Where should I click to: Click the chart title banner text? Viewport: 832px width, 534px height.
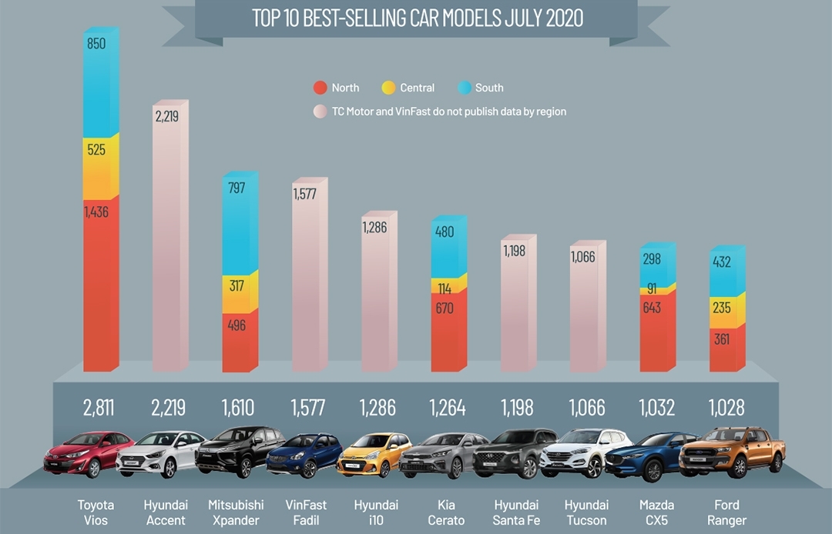coord(416,18)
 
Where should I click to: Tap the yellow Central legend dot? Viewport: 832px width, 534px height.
coord(389,88)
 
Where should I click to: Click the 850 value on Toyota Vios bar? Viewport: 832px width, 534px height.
coord(96,44)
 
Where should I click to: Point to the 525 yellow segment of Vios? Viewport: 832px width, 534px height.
coord(96,150)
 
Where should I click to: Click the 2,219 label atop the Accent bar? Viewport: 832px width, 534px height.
coord(166,117)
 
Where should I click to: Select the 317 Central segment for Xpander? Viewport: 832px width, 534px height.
coord(237,286)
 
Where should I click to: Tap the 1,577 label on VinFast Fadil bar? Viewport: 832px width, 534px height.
coord(305,194)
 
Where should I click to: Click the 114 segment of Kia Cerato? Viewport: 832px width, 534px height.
coord(445,289)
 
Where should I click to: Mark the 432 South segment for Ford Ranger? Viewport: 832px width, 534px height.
coord(722,262)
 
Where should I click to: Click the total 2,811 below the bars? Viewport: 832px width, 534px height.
coord(98,407)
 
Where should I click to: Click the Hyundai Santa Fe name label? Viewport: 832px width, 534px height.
coord(517,512)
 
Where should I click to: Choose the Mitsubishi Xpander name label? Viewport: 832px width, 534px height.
coord(236,512)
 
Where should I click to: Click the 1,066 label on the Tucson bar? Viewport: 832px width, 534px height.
coord(583,257)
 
